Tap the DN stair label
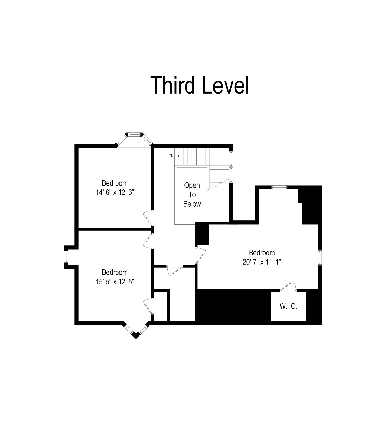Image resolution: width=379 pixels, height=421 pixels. tap(171, 156)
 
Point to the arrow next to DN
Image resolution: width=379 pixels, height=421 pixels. tap(177, 156)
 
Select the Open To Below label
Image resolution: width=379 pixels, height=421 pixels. tap(192, 194)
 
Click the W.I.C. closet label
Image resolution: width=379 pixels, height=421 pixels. tap(288, 306)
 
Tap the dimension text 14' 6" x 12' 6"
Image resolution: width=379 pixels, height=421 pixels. tap(115, 192)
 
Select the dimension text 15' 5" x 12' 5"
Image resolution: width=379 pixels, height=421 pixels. tap(115, 282)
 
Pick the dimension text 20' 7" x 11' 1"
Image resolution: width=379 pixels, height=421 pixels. tap(262, 262)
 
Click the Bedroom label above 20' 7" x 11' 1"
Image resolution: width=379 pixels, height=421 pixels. tap(262, 253)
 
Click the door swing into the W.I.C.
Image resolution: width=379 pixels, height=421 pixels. tap(288, 286)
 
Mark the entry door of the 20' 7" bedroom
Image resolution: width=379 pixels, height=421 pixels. tap(201, 255)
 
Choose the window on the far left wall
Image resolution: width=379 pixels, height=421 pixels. tap(66, 257)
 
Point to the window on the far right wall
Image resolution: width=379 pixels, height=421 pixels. tap(320, 257)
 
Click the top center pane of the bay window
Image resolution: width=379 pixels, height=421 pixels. tap(134, 134)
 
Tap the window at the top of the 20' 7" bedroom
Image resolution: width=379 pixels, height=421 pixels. tap(279, 187)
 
